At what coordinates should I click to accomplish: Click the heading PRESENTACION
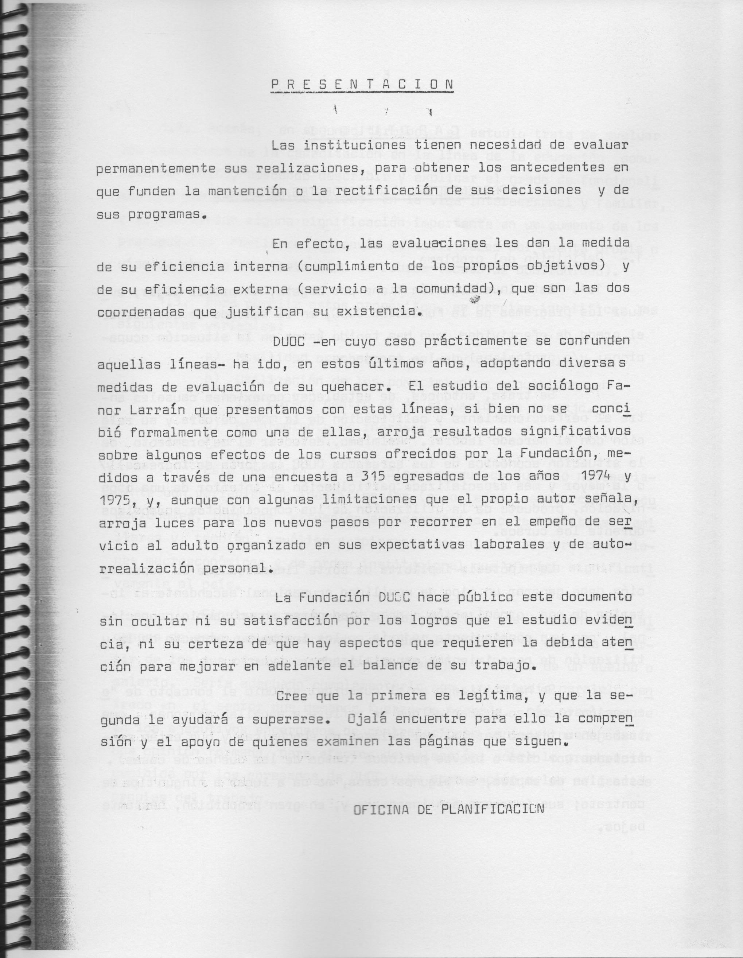pyautogui.click(x=362, y=85)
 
